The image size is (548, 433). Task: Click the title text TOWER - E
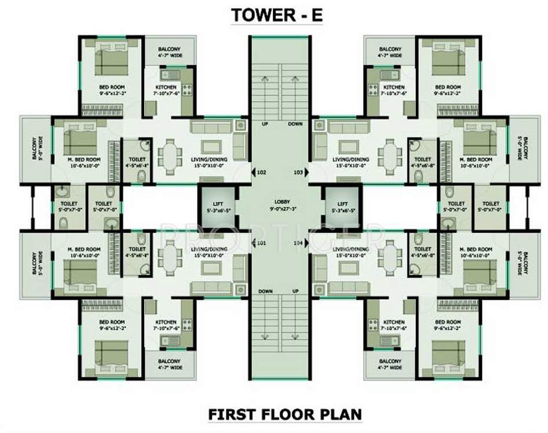click(x=276, y=16)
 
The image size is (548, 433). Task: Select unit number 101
click(x=261, y=243)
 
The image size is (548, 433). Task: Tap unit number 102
click(x=261, y=172)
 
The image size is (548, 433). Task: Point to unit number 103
click(x=298, y=172)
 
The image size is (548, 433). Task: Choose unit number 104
click(x=298, y=243)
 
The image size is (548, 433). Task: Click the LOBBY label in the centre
click(x=282, y=203)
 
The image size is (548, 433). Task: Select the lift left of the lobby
click(x=217, y=207)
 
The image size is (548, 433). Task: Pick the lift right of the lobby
click(x=343, y=207)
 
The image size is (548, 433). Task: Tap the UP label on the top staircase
click(x=264, y=124)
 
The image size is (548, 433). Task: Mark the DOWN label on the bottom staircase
click(x=265, y=291)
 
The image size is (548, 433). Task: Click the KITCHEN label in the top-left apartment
click(x=166, y=87)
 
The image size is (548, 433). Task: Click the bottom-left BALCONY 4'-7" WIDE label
click(x=169, y=364)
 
